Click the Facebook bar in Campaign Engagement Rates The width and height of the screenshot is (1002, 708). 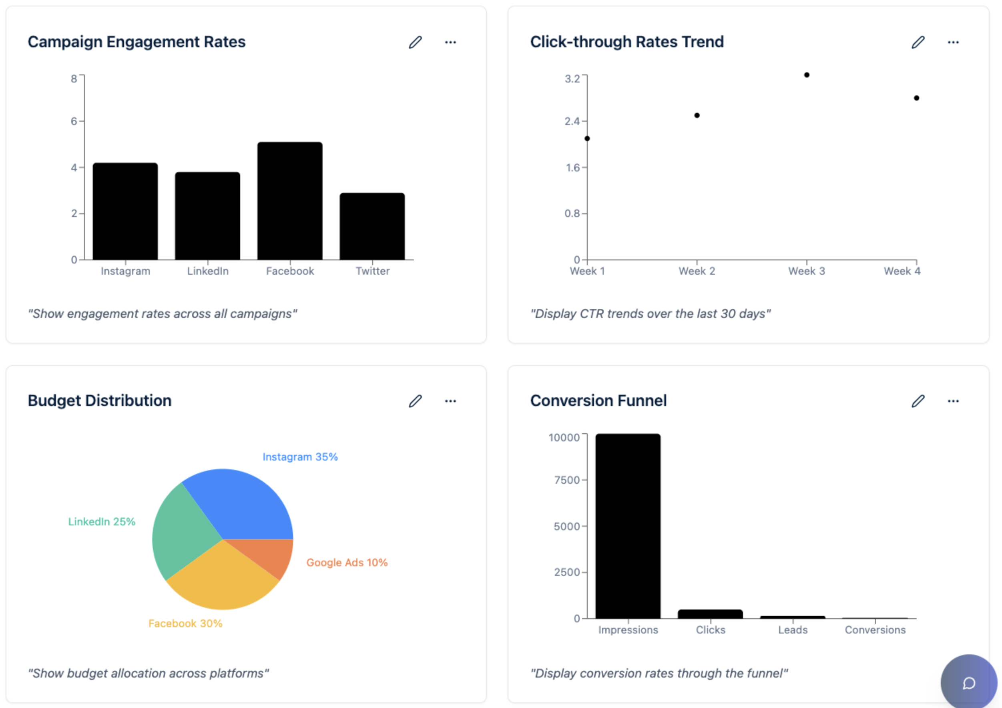[x=290, y=201]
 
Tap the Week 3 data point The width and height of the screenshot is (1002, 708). [x=807, y=75]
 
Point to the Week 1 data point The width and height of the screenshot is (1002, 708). [x=587, y=139]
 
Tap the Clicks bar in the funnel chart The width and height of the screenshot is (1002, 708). [x=710, y=614]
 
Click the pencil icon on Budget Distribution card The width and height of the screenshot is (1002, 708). [x=416, y=401]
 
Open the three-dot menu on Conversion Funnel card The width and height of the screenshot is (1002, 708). [x=953, y=401]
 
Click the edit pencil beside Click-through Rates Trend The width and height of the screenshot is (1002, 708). [x=918, y=42]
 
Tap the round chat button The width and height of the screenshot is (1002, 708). [x=969, y=683]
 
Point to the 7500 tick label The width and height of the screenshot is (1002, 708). [x=566, y=480]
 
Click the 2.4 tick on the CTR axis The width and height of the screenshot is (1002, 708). [x=572, y=121]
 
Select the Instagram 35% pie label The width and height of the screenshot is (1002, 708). [x=300, y=457]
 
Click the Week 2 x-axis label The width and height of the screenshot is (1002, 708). [x=697, y=271]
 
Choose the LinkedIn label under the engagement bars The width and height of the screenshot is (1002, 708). [x=208, y=271]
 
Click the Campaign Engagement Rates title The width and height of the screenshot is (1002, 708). [x=137, y=42]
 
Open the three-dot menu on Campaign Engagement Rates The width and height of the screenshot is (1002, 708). [x=450, y=42]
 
